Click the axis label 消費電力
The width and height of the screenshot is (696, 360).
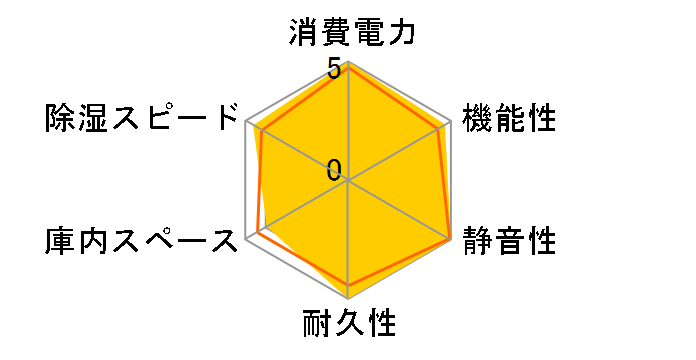pyautogui.click(x=350, y=34)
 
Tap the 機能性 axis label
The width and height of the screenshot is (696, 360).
pyautogui.click(x=509, y=117)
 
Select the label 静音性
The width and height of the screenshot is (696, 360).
pyautogui.click(x=509, y=241)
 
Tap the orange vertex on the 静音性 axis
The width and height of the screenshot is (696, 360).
pyautogui.click(x=449, y=239)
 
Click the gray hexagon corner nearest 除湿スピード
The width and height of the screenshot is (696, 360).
pyautogui.click(x=246, y=122)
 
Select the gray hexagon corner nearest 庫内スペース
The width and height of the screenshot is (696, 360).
pyautogui.click(x=246, y=240)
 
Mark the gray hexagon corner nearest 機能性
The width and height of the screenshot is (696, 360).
pyautogui.click(x=450, y=122)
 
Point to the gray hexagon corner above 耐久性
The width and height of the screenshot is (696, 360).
pyautogui.click(x=348, y=298)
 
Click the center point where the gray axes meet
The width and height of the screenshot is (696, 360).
pyautogui.click(x=348, y=181)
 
